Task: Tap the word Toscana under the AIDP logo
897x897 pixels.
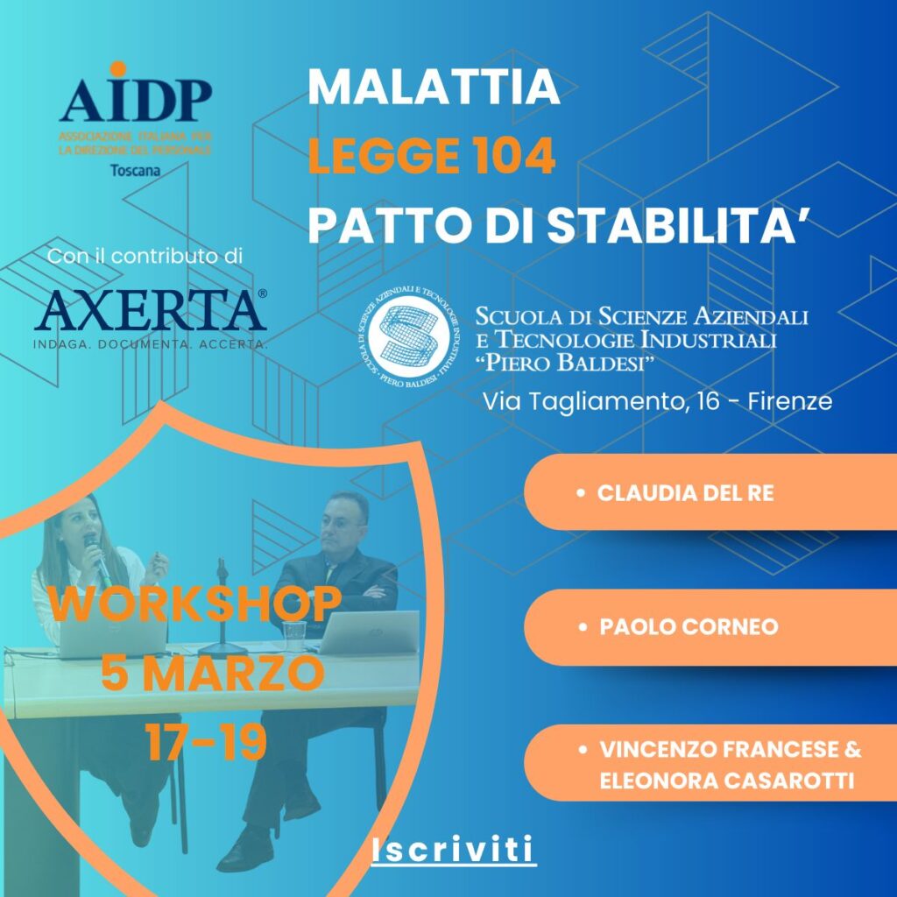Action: coord(135,171)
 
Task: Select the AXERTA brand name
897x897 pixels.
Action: coord(150,310)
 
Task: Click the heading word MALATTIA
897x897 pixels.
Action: coord(434,87)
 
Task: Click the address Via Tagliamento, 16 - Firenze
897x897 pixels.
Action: coord(657,401)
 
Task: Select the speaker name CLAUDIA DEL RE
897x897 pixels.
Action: coord(685,492)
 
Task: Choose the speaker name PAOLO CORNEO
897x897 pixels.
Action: coord(689,626)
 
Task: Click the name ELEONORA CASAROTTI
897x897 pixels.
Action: coord(726,780)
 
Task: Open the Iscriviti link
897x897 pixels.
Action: coord(453,849)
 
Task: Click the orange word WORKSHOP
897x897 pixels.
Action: coord(195,604)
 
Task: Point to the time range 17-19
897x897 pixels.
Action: coord(205,742)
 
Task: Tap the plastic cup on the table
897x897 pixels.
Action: coord(294,635)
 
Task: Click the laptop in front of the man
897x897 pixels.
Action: coord(370,632)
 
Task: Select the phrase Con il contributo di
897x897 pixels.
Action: coord(145,256)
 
